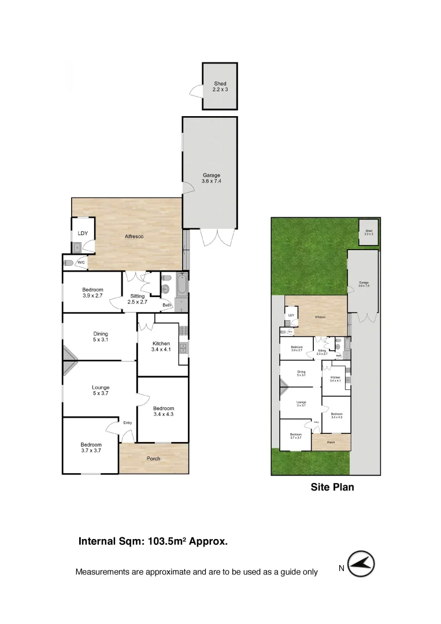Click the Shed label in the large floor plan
(220, 87)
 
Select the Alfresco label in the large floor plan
(134, 237)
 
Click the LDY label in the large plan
(83, 233)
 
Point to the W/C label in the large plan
(81, 263)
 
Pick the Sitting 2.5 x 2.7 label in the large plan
(137, 299)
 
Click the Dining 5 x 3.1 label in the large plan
(101, 337)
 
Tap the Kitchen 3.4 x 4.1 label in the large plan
(160, 347)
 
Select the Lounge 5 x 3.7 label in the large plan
(101, 391)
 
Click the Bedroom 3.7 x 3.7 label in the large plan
(91, 448)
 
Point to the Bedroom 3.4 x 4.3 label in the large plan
(164, 411)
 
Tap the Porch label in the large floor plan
(153, 459)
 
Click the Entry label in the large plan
(127, 423)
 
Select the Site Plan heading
(332, 487)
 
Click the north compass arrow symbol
(363, 563)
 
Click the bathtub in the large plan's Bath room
(181, 286)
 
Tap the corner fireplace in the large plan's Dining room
(69, 361)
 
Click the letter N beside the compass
(342, 569)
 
